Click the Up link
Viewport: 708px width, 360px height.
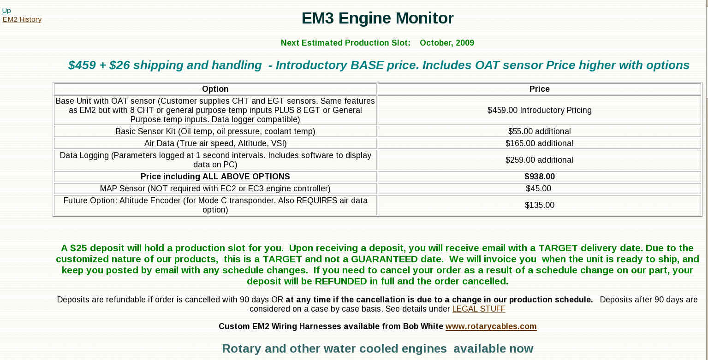(6, 11)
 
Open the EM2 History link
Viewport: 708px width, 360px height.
(22, 19)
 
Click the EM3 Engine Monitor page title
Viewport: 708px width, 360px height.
(377, 18)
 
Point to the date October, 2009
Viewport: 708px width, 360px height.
(447, 42)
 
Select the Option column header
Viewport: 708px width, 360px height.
(215, 89)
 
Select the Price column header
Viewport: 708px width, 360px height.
(539, 89)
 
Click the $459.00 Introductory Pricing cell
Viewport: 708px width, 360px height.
(539, 110)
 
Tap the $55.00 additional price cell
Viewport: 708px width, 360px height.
(539, 131)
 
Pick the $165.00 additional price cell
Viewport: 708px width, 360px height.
(539, 143)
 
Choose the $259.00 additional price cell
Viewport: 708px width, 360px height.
(539, 160)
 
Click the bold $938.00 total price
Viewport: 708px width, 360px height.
(540, 177)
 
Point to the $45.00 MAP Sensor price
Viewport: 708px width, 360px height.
(538, 189)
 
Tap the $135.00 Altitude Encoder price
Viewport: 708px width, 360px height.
(540, 205)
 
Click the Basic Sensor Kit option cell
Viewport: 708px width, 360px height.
(215, 131)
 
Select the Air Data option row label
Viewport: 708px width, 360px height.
(215, 143)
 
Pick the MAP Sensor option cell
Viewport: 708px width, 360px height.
(215, 189)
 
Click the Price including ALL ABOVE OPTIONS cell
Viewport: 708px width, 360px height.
(215, 177)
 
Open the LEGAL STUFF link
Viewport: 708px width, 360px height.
(479, 309)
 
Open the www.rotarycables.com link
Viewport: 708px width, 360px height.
(491, 326)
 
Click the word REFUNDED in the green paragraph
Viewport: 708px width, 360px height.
(341, 281)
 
